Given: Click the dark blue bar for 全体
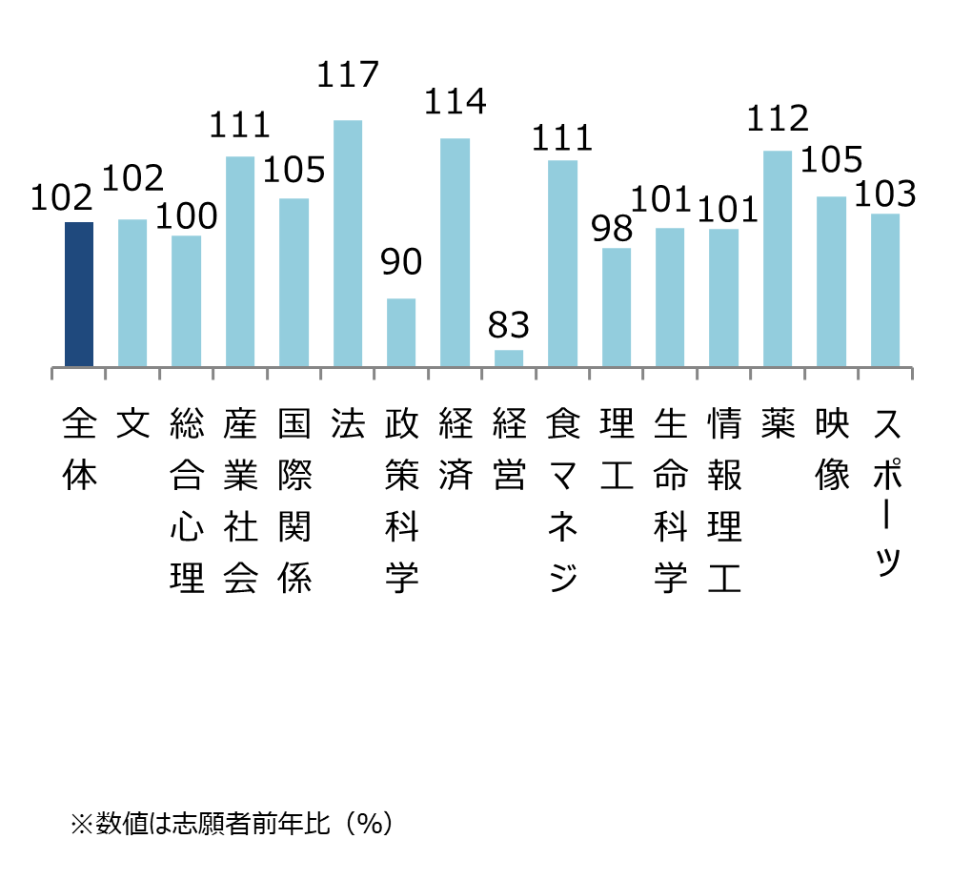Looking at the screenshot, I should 79,295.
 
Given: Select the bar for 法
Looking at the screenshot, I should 348,243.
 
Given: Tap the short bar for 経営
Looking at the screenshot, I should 509,358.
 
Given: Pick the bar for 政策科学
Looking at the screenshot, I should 401,333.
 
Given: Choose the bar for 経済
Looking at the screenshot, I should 455,253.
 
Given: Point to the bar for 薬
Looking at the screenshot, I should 778,258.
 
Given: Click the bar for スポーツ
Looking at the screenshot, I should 885,290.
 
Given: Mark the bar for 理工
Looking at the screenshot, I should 617,307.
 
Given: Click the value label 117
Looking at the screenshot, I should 348,75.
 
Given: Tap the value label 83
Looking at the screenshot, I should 508,326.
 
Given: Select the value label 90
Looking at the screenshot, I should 401,263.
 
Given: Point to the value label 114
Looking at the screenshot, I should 455,102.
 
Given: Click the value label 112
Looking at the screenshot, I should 778,118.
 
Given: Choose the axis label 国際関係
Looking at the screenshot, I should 294,500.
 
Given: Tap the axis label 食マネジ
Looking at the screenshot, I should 563,500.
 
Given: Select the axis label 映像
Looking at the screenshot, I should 832,449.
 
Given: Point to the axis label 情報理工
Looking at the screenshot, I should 724,500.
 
